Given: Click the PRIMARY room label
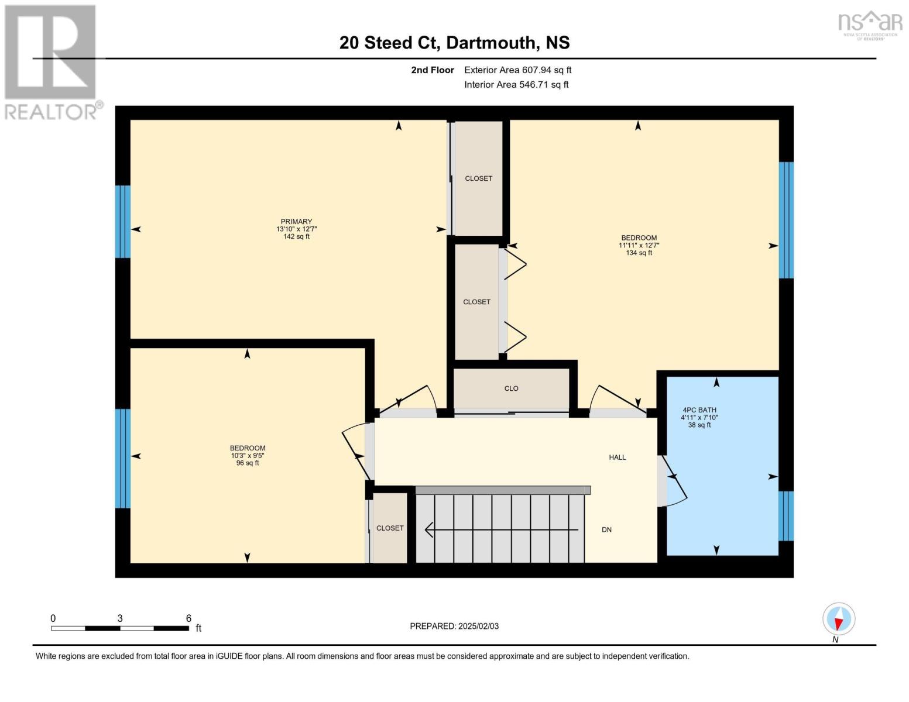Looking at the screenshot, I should coord(296,222).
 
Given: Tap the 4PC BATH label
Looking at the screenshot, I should coord(699,410).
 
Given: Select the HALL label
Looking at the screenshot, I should coord(617,457).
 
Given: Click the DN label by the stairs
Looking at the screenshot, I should coord(606,529).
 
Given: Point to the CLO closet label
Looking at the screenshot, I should coord(511,388).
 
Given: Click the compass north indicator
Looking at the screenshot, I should coord(839,619).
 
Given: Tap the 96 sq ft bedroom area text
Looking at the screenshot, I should coord(248,463).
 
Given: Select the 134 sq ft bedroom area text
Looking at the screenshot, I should coord(639,253).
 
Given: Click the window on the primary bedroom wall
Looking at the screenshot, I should coord(122,222).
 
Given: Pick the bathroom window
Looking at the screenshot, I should coord(786,516).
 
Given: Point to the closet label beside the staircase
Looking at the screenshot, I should coord(390,528).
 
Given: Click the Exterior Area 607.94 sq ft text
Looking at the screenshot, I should coord(517,70).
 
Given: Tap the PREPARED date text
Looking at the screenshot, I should coord(454,626).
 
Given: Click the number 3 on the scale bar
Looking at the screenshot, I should coord(120,618).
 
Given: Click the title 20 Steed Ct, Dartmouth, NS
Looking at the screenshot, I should coord(454,43).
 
